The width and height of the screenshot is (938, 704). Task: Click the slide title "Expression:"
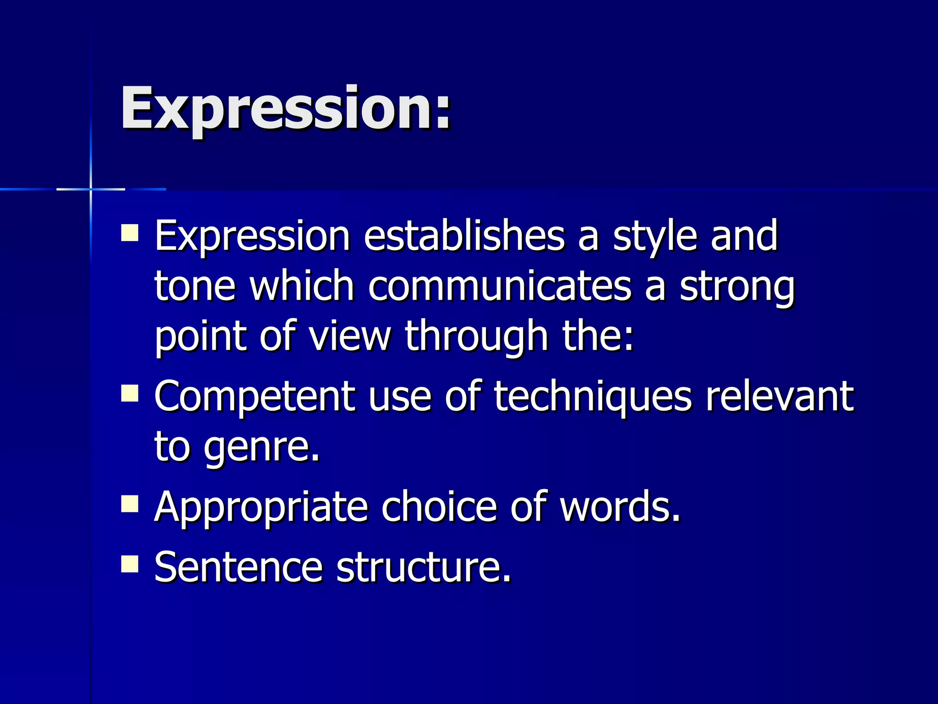[x=286, y=109]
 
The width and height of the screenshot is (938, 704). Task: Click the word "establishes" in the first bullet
[x=464, y=236]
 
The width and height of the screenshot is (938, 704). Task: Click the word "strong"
[x=737, y=287]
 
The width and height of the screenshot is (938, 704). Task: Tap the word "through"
[x=476, y=337]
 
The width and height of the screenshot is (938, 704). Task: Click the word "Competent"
[x=254, y=396]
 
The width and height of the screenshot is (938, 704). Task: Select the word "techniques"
[x=593, y=397]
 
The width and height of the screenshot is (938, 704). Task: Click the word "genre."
[x=262, y=447]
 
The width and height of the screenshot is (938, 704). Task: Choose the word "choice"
[x=439, y=506]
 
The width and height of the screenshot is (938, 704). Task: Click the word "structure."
[x=424, y=567]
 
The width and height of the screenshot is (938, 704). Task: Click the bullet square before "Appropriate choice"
[x=130, y=504]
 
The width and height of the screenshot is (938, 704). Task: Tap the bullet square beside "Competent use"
[x=130, y=393]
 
